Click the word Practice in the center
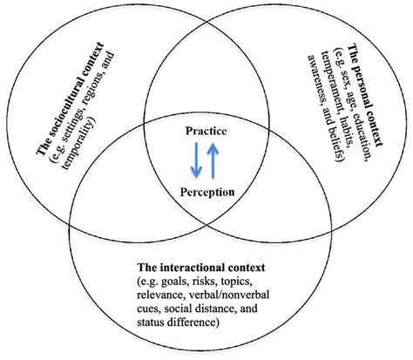[206, 132]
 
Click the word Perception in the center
[206, 191]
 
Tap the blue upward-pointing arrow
[215, 161]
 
